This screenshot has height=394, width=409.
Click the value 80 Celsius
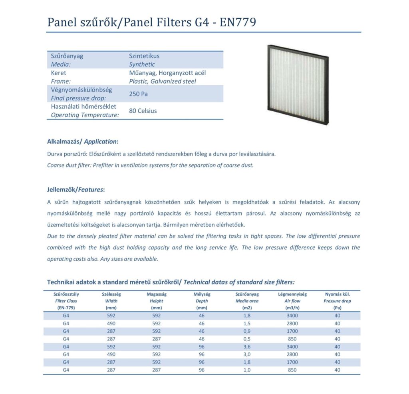143,111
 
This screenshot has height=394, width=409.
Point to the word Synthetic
142,64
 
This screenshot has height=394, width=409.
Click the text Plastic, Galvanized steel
163,81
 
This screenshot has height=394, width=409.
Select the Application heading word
100,142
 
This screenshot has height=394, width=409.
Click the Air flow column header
292,301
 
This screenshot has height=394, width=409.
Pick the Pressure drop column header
337,301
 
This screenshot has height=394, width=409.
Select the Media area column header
247,301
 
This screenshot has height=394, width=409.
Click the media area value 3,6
247,347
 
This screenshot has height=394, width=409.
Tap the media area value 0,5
247,339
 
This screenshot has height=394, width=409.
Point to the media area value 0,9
247,331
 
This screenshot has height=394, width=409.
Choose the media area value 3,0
247,354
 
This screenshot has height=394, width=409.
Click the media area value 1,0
247,370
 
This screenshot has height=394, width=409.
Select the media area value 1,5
247,323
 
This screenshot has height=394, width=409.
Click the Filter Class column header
66,301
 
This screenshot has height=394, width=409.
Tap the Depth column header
202,301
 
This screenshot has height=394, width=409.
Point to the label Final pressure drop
78,98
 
